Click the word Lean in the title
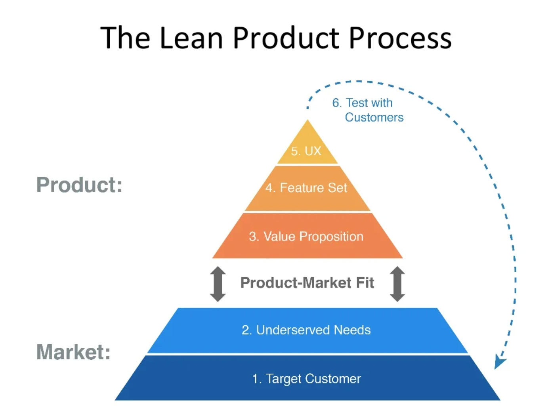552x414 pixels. [191, 38]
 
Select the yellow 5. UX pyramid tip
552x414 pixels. [307, 149]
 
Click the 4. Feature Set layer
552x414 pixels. [307, 188]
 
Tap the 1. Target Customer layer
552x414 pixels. [307, 379]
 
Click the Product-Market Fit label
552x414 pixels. [307, 283]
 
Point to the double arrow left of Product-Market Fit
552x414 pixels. [218, 284]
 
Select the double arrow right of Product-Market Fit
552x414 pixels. [397, 284]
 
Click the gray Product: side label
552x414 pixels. [80, 185]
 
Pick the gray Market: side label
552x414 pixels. [74, 352]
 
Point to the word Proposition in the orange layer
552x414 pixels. [331, 237]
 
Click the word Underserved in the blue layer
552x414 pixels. [293, 330]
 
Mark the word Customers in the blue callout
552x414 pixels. [374, 118]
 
